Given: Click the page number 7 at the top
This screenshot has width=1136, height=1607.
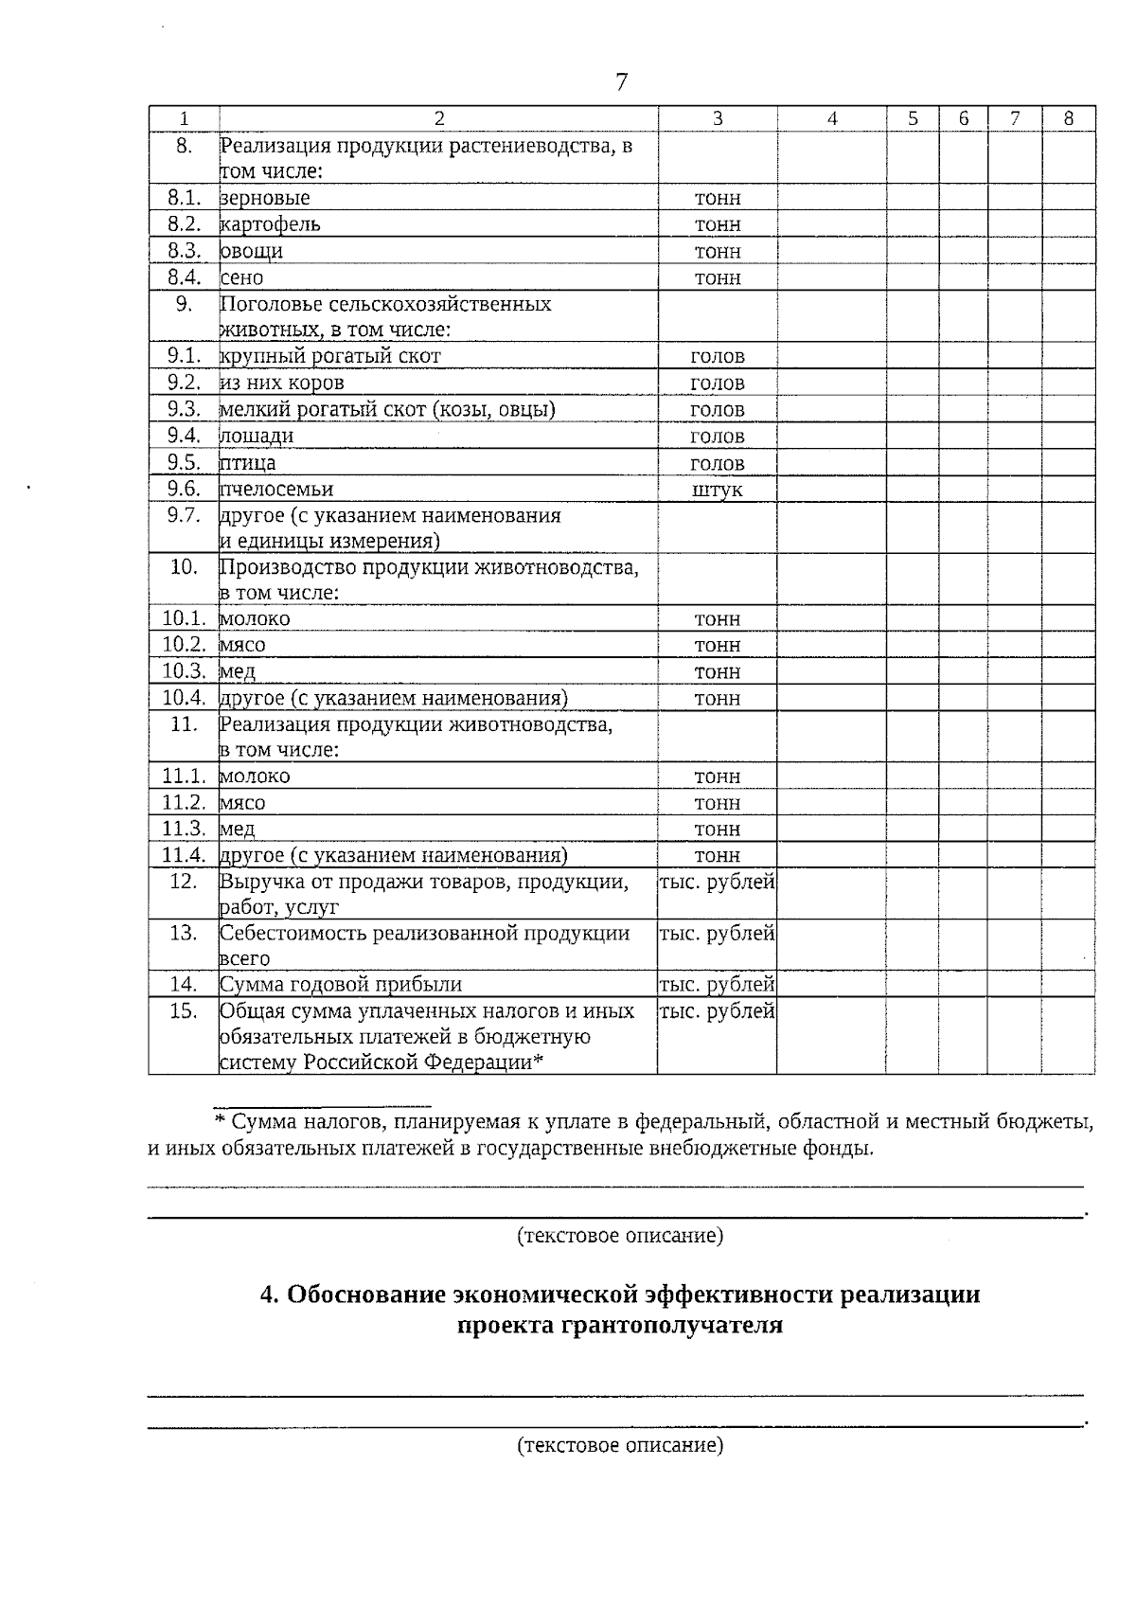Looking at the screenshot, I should (621, 82).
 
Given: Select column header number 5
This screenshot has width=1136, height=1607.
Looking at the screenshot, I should (913, 118).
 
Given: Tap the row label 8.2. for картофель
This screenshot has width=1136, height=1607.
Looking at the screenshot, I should (185, 224).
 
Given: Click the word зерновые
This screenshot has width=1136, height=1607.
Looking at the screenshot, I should (265, 198).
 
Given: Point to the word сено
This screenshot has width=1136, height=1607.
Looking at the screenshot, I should (242, 277).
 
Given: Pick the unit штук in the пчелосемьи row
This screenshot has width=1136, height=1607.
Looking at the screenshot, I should (717, 490).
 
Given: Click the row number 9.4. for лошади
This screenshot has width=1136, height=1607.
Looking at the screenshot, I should (185, 436).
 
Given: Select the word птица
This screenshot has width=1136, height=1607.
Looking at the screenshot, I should (248, 463).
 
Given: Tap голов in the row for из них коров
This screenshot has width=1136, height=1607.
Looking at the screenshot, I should (717, 384).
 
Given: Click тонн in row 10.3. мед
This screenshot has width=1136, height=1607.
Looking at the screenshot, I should (717, 671).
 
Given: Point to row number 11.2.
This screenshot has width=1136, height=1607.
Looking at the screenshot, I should (185, 802).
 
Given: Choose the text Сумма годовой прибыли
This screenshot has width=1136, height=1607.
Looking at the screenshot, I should (341, 984).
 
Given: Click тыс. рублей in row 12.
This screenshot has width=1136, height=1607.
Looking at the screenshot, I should (717, 882).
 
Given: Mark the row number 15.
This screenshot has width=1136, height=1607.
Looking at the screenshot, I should (183, 1010).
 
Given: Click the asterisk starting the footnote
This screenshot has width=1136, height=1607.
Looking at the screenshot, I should (219, 1123).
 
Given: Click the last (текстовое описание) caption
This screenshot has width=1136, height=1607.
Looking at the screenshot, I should (620, 1445).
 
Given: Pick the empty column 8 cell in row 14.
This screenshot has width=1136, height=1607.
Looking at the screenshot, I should (1068, 984).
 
